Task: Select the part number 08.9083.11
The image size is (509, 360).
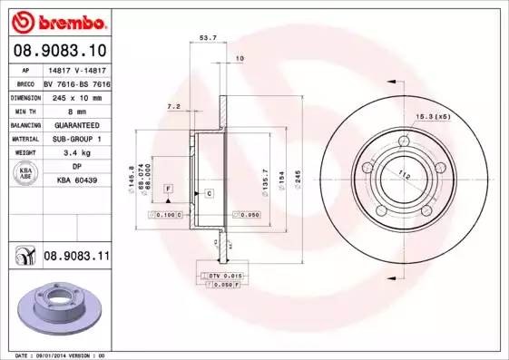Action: click(x=76, y=258)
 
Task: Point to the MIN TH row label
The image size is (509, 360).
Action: click(x=25, y=111)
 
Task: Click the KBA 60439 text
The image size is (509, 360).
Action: click(x=76, y=181)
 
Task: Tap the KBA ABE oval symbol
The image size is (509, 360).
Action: click(x=25, y=175)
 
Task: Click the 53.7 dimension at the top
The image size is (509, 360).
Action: click(x=207, y=38)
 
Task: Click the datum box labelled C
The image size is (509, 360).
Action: click(x=208, y=194)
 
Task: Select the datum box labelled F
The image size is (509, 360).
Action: click(x=168, y=188)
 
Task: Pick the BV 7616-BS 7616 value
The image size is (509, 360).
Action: click(x=76, y=83)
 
